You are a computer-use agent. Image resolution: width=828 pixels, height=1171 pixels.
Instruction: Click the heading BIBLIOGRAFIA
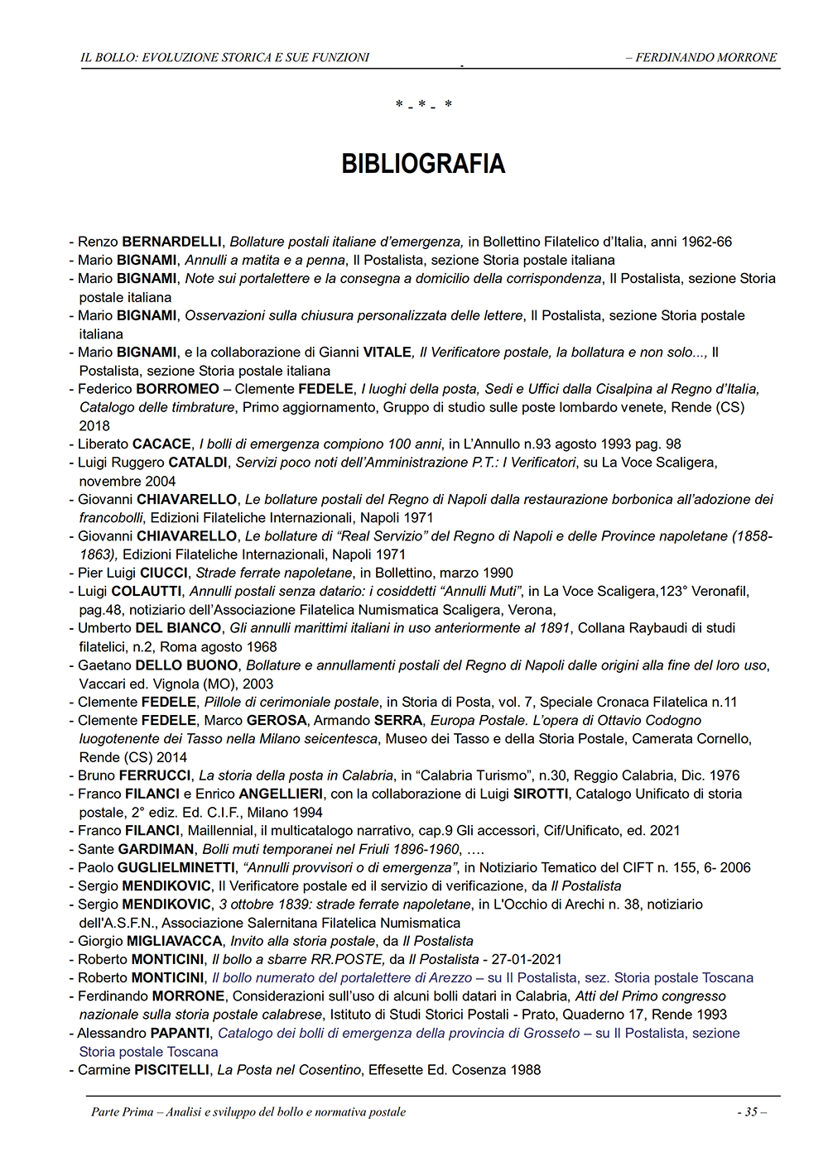point(423,164)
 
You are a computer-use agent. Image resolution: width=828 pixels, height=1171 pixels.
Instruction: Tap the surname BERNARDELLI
point(171,242)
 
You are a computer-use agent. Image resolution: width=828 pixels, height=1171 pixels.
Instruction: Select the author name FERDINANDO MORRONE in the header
point(706,57)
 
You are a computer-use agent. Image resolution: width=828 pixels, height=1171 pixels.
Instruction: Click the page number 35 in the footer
point(751,1111)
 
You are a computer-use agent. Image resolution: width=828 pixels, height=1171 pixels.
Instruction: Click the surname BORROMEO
point(177,389)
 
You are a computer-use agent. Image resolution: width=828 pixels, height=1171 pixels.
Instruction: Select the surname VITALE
point(388,353)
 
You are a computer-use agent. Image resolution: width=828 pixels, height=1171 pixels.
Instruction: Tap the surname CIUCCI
point(164,573)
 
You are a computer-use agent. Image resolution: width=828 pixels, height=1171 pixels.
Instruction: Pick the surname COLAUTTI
point(152,592)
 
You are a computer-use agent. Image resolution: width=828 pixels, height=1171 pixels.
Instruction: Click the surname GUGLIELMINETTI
point(176,867)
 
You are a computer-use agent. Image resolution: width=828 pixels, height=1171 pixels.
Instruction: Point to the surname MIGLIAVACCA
point(174,941)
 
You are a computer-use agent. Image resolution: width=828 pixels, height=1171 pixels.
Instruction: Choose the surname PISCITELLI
point(172,1070)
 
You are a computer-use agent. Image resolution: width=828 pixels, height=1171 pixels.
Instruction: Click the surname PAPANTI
point(180,1034)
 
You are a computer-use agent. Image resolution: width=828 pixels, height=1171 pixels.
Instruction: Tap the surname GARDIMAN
point(156,849)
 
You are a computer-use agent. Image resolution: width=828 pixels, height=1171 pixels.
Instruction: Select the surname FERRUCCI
point(155,775)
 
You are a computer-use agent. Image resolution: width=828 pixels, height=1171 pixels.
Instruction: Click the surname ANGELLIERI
point(281,794)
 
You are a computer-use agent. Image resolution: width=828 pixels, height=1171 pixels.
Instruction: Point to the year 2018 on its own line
point(94,425)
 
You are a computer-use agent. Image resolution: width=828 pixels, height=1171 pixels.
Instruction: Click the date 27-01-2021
point(527,960)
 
